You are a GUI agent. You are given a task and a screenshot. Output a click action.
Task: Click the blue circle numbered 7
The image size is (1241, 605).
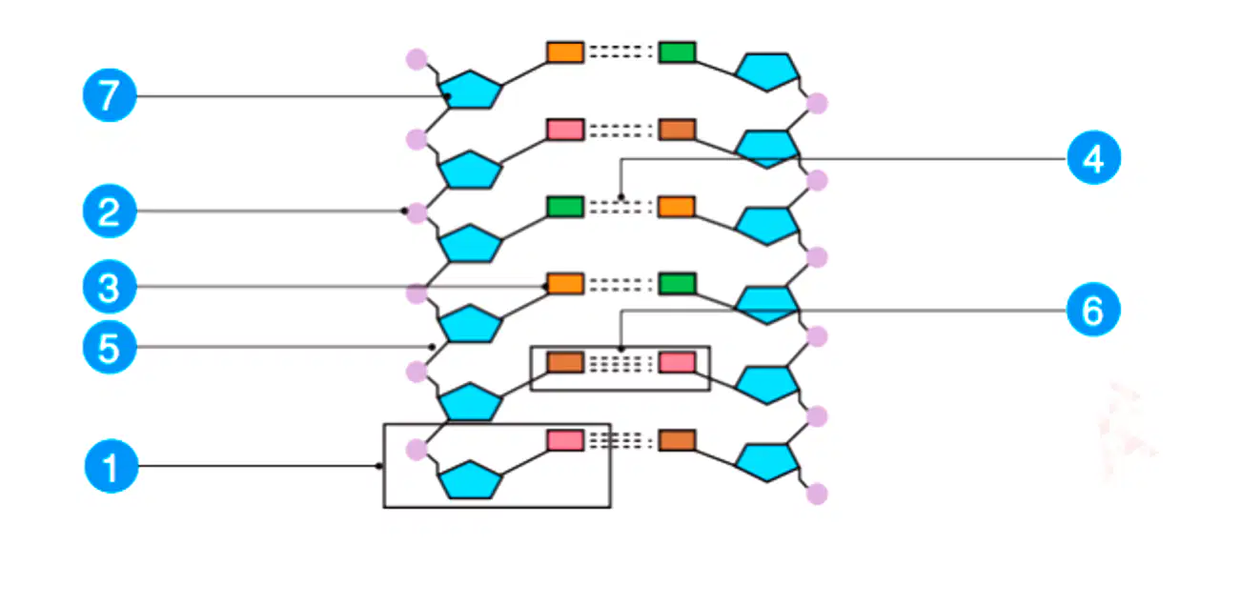coord(110,95)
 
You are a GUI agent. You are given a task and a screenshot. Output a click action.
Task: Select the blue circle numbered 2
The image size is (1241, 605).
coord(110,212)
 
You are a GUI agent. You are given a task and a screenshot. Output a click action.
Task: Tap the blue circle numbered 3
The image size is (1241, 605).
coord(110,287)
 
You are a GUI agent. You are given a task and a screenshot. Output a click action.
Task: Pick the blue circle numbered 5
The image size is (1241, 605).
coord(110,348)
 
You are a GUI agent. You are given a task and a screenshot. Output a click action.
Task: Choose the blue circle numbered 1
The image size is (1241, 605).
coord(112,467)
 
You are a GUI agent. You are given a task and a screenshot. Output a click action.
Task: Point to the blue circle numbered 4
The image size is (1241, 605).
coord(1093,158)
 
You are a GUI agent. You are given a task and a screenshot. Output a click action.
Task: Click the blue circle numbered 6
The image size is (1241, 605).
coord(1093,310)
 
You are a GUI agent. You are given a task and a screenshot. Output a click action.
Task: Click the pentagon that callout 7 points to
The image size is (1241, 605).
coord(470,90)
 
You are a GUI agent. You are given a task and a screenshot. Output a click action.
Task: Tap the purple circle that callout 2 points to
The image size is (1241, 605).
coord(417,212)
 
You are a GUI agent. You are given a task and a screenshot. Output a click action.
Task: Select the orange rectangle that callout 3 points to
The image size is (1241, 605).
coord(565,284)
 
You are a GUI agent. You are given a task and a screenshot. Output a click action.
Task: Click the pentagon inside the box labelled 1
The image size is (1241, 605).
coord(470,480)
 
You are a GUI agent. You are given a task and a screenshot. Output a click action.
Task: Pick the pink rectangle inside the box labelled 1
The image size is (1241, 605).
coord(565,440)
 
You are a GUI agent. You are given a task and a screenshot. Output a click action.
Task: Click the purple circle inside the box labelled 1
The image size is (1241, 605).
coord(417,450)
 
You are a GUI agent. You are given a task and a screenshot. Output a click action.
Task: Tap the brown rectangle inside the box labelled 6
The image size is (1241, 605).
coord(565,362)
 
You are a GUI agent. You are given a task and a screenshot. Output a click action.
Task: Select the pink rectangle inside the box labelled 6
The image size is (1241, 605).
coord(677,362)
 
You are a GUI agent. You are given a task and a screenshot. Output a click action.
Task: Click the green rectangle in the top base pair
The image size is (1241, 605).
coord(677,52)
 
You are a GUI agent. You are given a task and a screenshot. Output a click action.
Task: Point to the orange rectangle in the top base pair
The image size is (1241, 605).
coord(565,52)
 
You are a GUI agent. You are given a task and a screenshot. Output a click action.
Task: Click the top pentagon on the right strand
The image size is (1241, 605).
coord(767,71)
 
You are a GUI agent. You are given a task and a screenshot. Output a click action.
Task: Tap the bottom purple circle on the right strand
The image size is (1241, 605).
coord(817,494)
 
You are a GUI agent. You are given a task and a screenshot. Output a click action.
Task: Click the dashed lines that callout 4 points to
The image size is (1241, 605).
coord(620,207)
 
